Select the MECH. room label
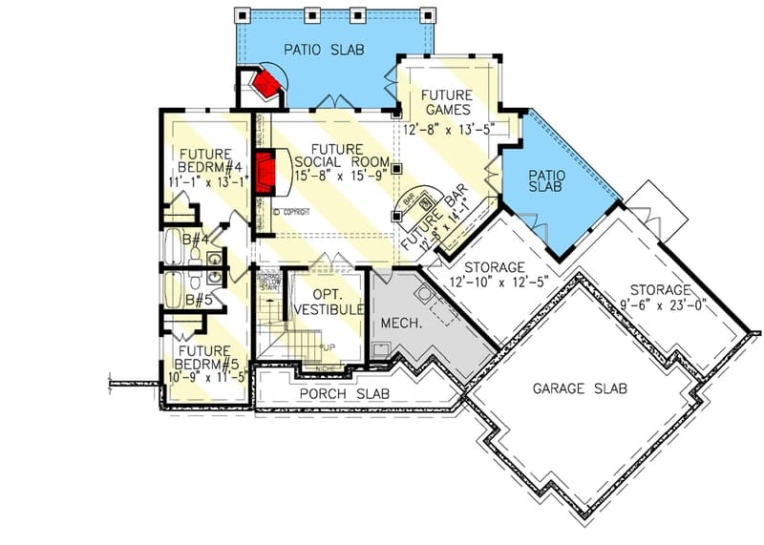coord(401,324)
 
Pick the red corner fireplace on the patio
coord(265,87)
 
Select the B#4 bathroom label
coord(197,241)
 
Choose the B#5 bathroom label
coord(198,300)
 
